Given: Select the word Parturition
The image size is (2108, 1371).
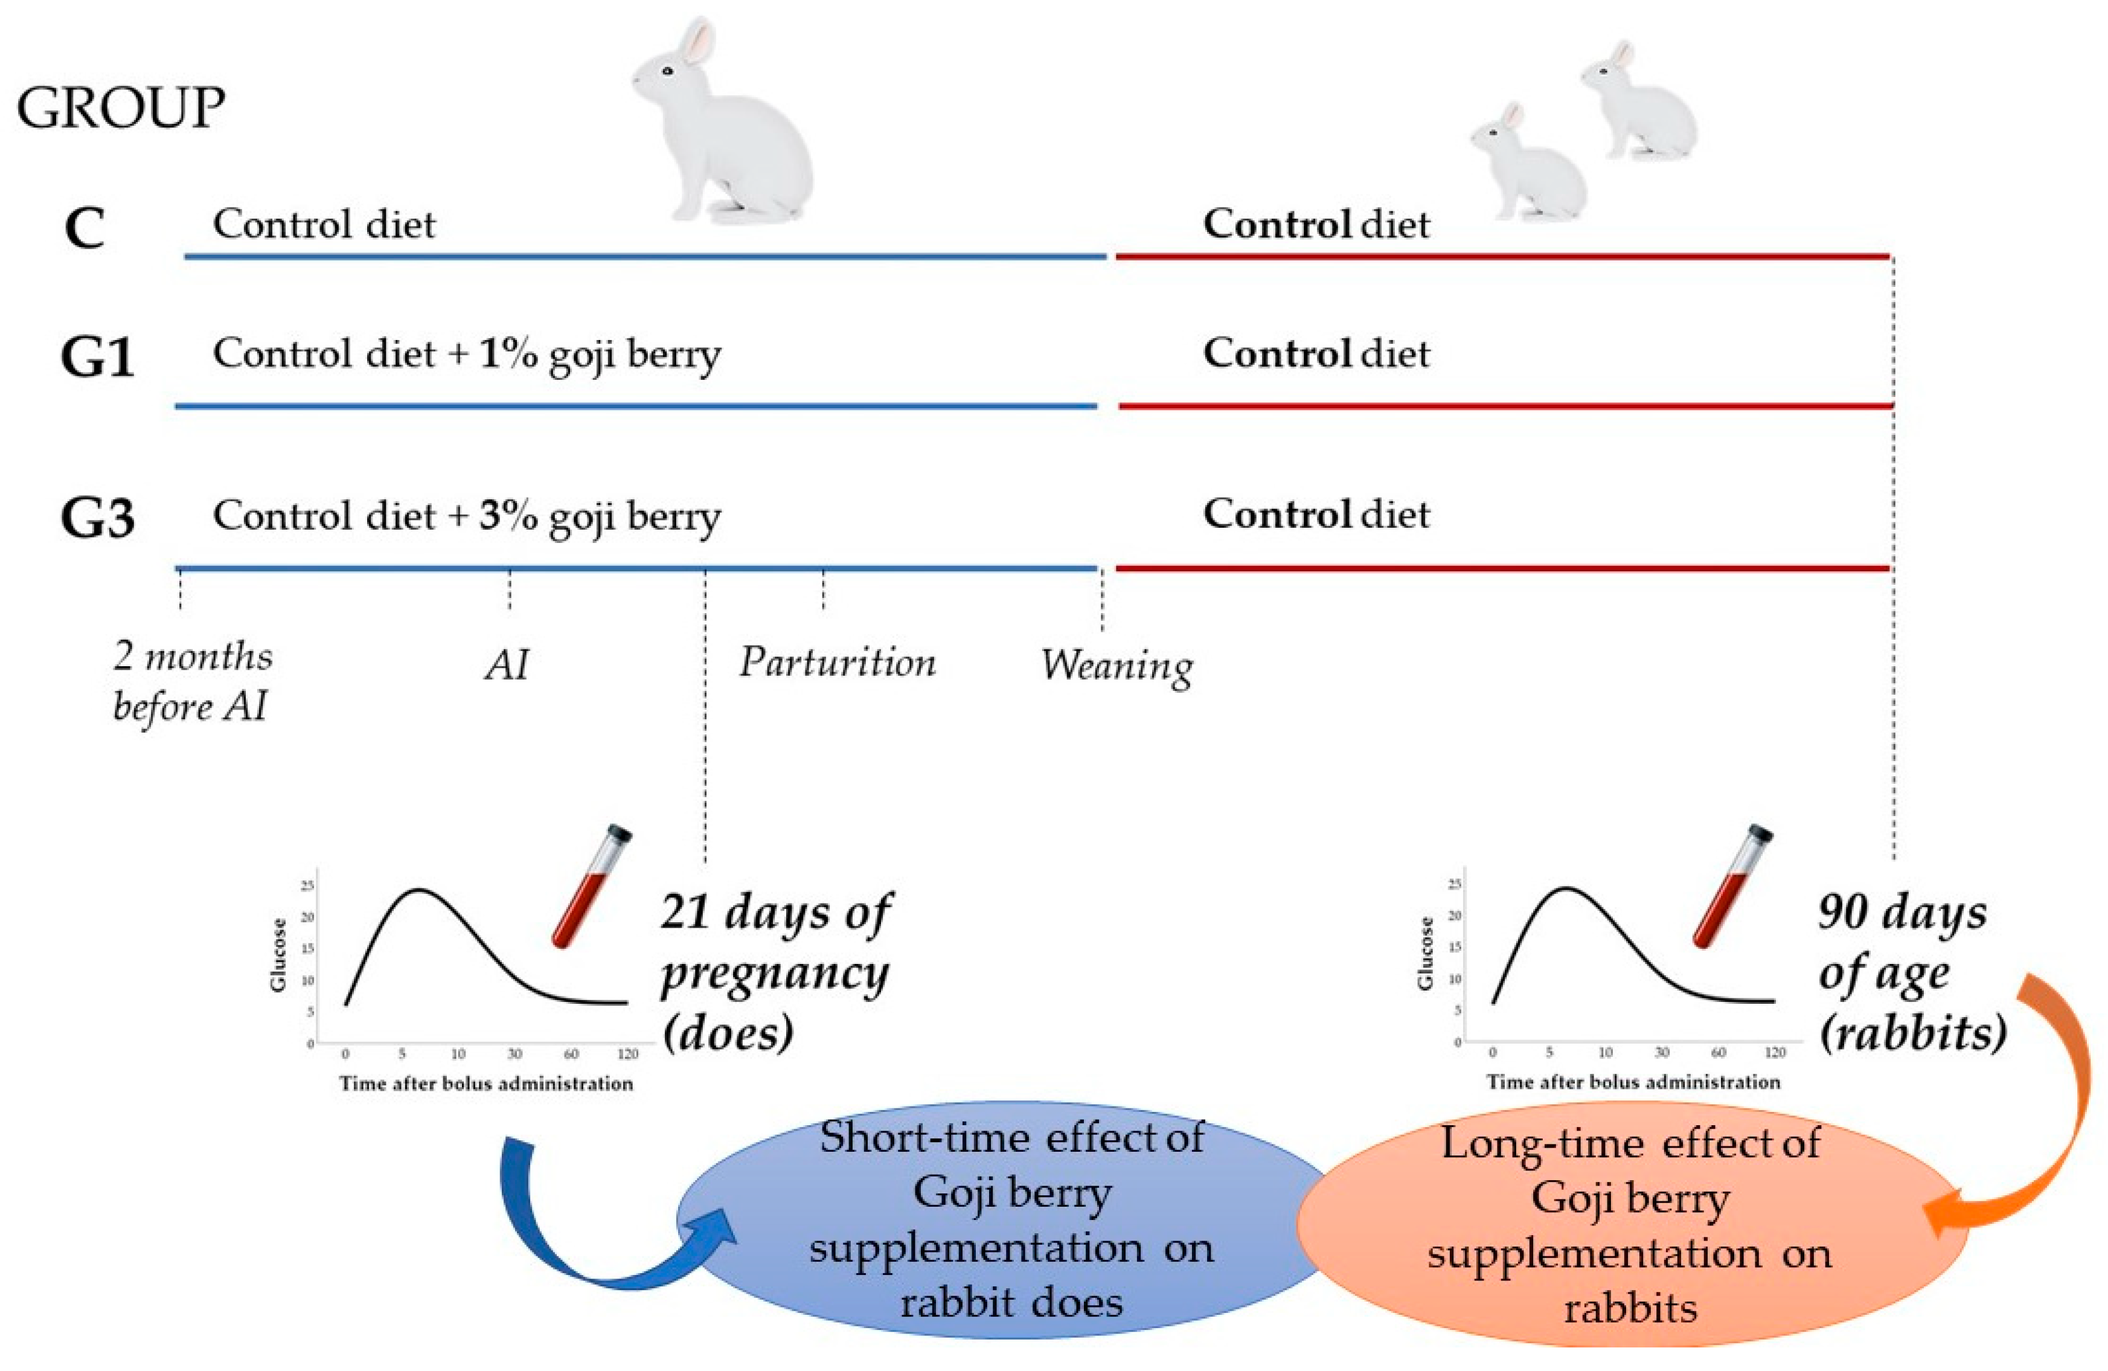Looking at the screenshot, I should pyautogui.click(x=837, y=663).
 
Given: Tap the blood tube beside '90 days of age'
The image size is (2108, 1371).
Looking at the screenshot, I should pyautogui.click(x=1732, y=885).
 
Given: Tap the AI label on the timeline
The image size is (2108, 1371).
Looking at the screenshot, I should pyautogui.click(x=507, y=664).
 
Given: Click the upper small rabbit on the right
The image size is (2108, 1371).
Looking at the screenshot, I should pyautogui.click(x=1639, y=106).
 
